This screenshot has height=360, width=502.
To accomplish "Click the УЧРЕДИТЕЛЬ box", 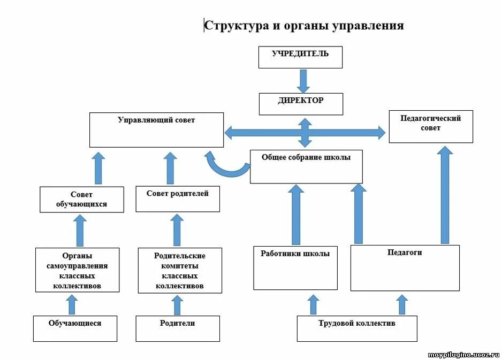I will (300, 57).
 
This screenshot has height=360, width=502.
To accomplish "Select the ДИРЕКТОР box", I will (301, 104).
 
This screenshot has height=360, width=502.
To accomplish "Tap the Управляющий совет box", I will (156, 129).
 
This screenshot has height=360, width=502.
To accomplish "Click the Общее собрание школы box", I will (306, 166).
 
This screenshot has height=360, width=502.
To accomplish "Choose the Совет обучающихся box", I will (81, 199).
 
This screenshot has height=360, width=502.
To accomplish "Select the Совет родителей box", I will (178, 198).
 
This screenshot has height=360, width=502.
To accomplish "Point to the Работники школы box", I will (295, 267).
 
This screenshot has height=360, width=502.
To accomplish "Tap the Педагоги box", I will (405, 267).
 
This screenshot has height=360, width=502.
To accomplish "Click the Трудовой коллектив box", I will (357, 328).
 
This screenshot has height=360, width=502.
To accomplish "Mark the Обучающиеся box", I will (75, 328).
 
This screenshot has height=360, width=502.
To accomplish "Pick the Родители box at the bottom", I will (178, 328).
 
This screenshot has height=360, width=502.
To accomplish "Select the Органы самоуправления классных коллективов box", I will (78, 270).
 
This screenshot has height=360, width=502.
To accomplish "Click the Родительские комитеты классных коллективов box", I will (180, 270).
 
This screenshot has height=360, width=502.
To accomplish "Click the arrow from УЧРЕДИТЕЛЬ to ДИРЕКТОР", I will (303, 80).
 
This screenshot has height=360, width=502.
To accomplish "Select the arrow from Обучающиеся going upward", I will (72, 304).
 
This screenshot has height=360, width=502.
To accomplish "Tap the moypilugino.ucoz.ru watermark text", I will (464, 355).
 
